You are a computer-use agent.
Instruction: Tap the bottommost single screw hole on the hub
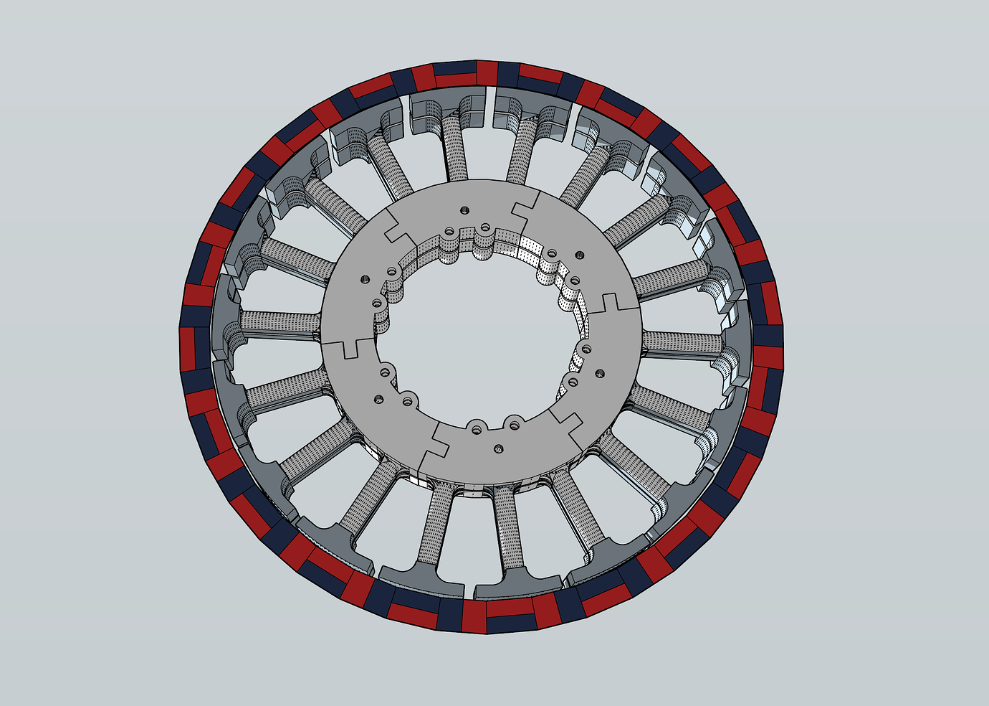click(x=499, y=449)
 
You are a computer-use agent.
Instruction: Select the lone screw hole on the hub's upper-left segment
click(x=365, y=278)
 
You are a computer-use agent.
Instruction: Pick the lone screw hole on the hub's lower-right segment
click(x=601, y=373)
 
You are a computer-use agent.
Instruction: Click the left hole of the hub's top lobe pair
click(x=449, y=232)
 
